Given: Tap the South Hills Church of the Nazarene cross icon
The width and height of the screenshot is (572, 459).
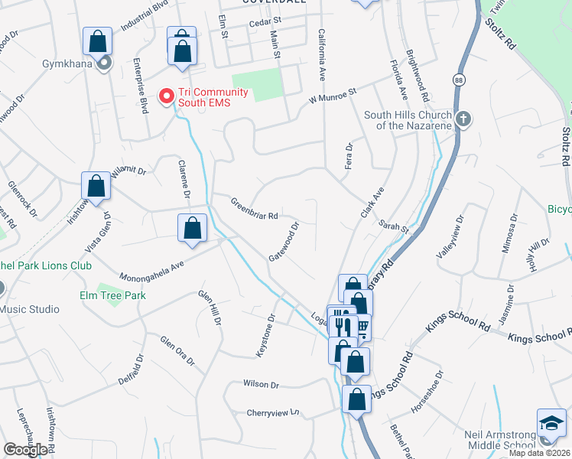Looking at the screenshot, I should click(463, 119).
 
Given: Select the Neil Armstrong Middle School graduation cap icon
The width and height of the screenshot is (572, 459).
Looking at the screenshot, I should click(551, 423).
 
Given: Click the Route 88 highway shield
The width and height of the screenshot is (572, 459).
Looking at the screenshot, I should click(457, 80).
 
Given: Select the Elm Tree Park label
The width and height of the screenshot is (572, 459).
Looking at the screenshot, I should click(112, 295).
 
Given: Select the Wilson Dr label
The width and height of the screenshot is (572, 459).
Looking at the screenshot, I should click(262, 384).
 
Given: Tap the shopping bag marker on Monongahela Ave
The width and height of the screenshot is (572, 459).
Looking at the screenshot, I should click(192, 228).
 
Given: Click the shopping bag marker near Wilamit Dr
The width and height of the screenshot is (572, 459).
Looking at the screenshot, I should click(96, 186).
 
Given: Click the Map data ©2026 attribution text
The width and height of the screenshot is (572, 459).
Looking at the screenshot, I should click(540, 453).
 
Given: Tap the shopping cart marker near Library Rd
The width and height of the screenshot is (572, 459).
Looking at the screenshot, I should click(361, 327).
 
